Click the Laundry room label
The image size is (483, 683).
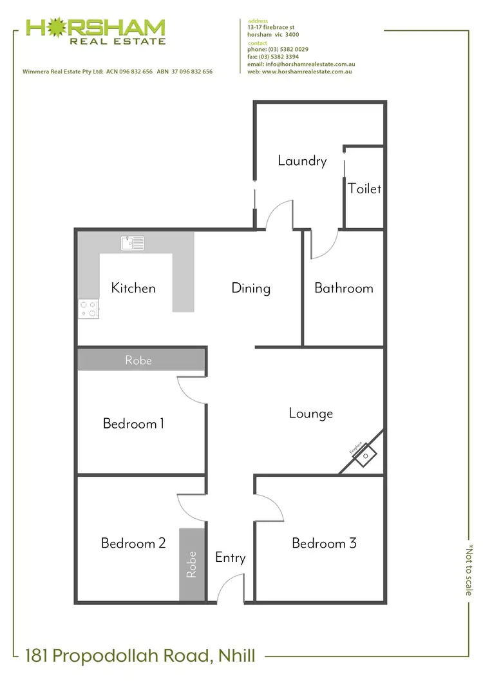pyautogui.click(x=302, y=161)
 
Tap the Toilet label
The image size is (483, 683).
pyautogui.click(x=365, y=189)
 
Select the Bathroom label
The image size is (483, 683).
pyautogui.click(x=343, y=288)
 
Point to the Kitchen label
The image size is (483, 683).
pyautogui.click(x=133, y=288)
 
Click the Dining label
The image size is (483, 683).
pyautogui.click(x=251, y=288)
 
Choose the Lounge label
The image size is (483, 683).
pyautogui.click(x=310, y=413)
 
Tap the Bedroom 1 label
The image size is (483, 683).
pyautogui.click(x=133, y=423)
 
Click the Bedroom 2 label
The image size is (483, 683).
pyautogui.click(x=133, y=543)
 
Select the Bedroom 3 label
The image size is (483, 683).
pyautogui.click(x=324, y=543)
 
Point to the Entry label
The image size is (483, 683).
pyautogui.click(x=230, y=557)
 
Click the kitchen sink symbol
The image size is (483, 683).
pyautogui.click(x=133, y=243)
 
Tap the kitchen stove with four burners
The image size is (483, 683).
pyautogui.click(x=88, y=309)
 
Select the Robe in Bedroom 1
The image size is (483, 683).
pyautogui.click(x=138, y=360)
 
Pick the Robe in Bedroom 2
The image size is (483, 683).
pyautogui.click(x=191, y=565)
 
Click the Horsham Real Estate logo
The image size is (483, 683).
pyautogui.click(x=95, y=31)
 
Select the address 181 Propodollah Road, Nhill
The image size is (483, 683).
pyautogui.click(x=140, y=657)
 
